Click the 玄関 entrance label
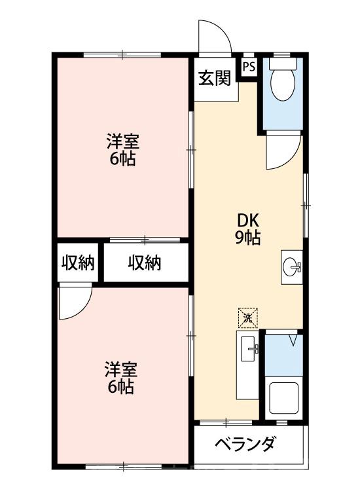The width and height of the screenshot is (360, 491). (214, 79)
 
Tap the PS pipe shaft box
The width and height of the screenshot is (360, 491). (249, 66)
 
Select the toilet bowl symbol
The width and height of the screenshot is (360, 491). (283, 84)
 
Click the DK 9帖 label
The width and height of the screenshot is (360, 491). (248, 229)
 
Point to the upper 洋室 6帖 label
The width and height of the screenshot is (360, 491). (122, 150)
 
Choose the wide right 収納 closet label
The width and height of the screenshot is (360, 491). (144, 263)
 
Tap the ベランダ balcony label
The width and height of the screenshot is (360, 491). (245, 444)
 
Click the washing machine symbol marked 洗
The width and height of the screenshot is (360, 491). (248, 318)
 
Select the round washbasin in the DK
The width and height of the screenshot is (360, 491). (291, 267)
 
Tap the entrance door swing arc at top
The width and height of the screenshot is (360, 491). (217, 36)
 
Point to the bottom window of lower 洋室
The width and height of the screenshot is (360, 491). (122, 467)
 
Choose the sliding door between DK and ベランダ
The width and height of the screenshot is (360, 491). (226, 420)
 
